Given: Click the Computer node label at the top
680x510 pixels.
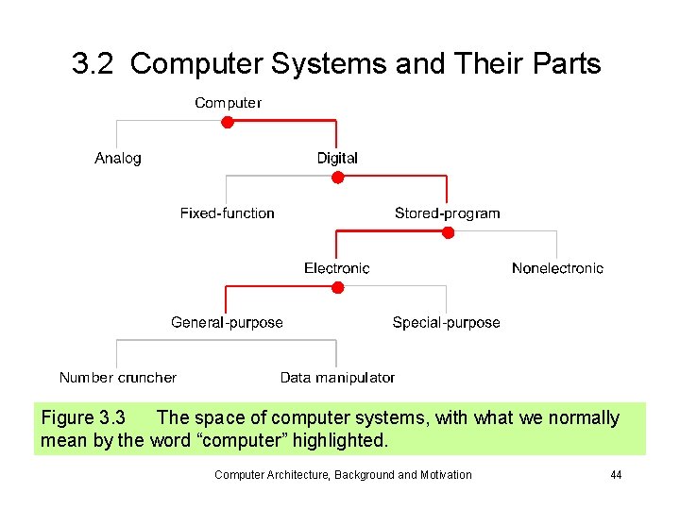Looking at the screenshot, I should pos(228,102).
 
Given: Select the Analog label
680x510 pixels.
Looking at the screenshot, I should pos(118,158).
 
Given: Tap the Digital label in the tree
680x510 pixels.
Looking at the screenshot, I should pos(337,158).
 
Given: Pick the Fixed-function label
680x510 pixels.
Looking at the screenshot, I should pos(228,213).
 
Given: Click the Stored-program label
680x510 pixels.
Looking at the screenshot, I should pos(447,213).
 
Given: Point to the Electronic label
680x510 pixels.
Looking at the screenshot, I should pos(337,268).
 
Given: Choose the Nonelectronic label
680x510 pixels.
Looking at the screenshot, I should pos(557,268).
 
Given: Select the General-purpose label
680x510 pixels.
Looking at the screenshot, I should pos(227,323).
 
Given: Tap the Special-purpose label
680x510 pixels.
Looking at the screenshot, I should pos(446,323).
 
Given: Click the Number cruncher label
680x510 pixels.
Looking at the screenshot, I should pos(118,378).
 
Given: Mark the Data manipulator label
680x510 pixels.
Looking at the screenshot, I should pos(337,378).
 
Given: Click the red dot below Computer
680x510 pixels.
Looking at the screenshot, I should pos(228,122).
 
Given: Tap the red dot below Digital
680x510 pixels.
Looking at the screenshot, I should pos(337,177).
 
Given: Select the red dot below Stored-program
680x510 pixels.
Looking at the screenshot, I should pos(448,232).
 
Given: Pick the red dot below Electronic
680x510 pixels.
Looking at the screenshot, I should pos(337,287).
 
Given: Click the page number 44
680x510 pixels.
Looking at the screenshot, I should pos(616,475).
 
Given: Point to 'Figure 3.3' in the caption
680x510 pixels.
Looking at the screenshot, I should pos(83,417).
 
